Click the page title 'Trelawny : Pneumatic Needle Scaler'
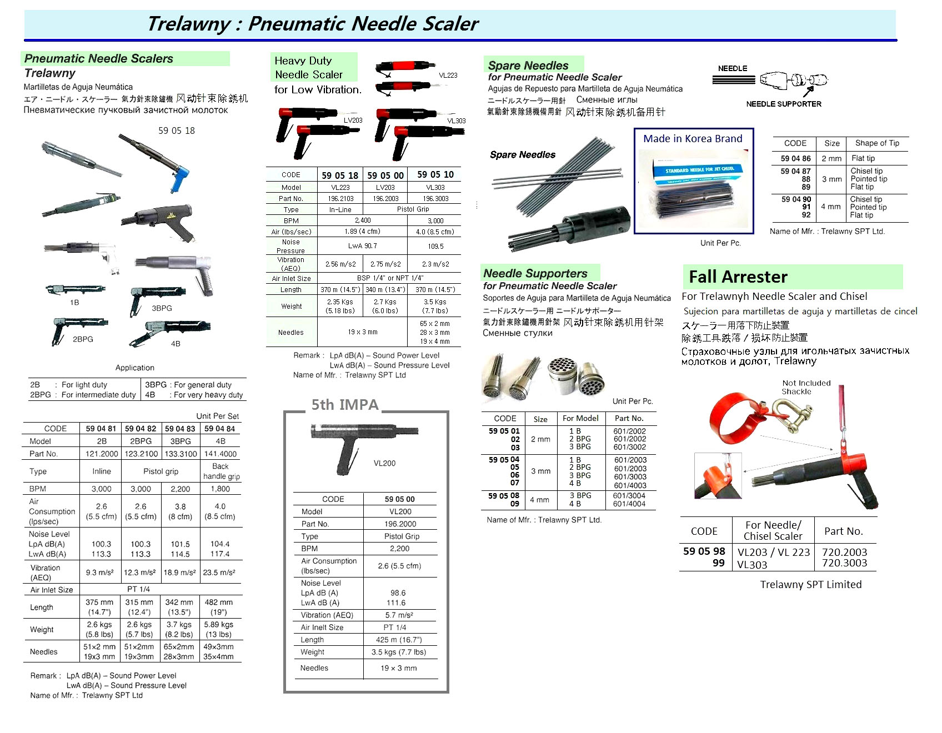[x=312, y=24]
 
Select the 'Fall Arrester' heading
[x=738, y=277]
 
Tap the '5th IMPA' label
[x=344, y=405]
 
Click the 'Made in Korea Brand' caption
[x=693, y=139]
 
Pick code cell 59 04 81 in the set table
[x=101, y=429]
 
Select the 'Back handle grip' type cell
[x=221, y=471]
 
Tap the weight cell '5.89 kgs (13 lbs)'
[x=219, y=629]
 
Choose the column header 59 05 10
[x=435, y=175]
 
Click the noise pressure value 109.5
[x=435, y=246]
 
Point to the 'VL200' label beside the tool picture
[x=384, y=463]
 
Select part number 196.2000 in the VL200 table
[x=400, y=524]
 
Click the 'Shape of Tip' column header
[x=877, y=143]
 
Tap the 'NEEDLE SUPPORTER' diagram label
[x=783, y=104]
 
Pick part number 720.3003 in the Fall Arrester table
[x=844, y=563]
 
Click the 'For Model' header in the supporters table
[x=580, y=419]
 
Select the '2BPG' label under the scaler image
[x=83, y=339]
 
